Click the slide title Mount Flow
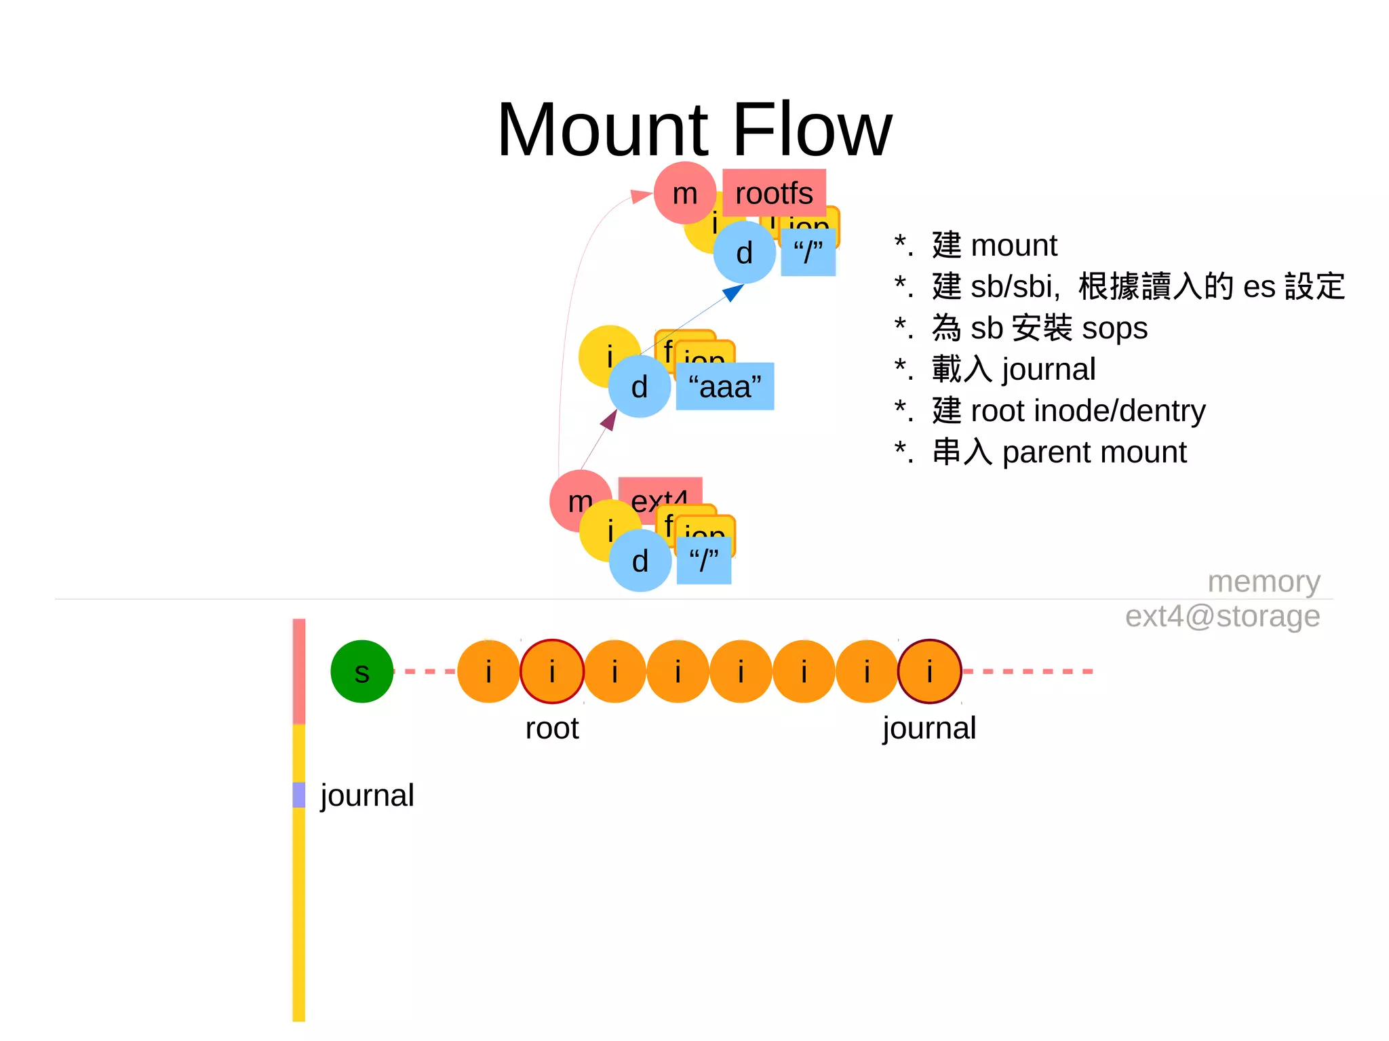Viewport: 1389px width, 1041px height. click(x=694, y=129)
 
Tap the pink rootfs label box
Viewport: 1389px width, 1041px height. click(x=774, y=193)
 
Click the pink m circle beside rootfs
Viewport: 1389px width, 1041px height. click(x=684, y=193)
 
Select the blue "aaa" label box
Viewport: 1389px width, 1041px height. click(x=724, y=387)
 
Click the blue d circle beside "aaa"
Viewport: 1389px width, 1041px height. click(x=639, y=387)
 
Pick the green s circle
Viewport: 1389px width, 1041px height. click(x=361, y=671)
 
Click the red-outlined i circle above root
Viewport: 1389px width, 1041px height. click(x=552, y=671)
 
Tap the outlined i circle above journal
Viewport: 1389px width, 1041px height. click(x=929, y=671)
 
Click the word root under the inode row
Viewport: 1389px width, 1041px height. click(x=551, y=728)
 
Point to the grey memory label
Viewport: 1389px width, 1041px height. click(x=1264, y=582)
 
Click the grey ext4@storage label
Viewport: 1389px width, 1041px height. click(x=1222, y=616)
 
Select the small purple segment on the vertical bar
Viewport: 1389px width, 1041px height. click(x=299, y=795)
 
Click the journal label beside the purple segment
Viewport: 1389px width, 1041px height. click(x=367, y=795)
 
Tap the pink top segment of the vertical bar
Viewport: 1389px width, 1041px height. click(x=299, y=671)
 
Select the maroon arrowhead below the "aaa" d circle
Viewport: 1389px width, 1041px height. click(x=609, y=420)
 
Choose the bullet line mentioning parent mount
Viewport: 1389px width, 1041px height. click(x=1040, y=452)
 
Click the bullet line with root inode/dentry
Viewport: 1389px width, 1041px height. click(x=1050, y=411)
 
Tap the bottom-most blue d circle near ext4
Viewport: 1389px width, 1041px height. click(x=640, y=561)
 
